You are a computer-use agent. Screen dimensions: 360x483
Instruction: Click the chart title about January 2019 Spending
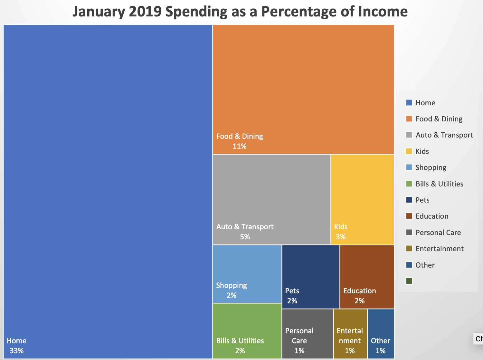tap(240, 12)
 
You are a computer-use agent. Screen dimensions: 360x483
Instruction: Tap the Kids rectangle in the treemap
tap(362, 200)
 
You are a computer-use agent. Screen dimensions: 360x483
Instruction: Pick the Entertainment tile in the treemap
tap(350, 334)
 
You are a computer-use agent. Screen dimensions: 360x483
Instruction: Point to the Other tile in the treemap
tap(381, 334)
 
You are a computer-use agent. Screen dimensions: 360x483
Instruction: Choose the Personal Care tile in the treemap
tap(307, 334)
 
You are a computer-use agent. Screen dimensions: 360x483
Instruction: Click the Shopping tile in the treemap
tap(247, 274)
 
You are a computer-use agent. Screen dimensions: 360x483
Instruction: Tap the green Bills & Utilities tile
tap(247, 330)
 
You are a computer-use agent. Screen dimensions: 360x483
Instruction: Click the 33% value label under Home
tap(16, 351)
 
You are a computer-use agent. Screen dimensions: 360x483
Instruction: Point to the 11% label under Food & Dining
tap(240, 146)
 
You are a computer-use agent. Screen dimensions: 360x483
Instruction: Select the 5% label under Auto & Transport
tap(245, 237)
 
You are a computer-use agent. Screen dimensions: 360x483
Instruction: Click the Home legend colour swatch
tap(409, 103)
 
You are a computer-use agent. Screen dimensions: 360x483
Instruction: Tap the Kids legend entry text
tap(422, 151)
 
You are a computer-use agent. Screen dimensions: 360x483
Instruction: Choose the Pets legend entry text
tap(422, 200)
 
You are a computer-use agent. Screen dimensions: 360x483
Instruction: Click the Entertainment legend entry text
tap(440, 249)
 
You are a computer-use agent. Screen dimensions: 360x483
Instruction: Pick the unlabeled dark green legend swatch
tap(409, 281)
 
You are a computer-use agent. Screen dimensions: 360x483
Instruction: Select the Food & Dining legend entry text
tap(439, 119)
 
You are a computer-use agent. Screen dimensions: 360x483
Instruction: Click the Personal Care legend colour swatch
tap(409, 232)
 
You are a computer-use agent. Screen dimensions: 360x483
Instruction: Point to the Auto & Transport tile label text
tap(245, 227)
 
